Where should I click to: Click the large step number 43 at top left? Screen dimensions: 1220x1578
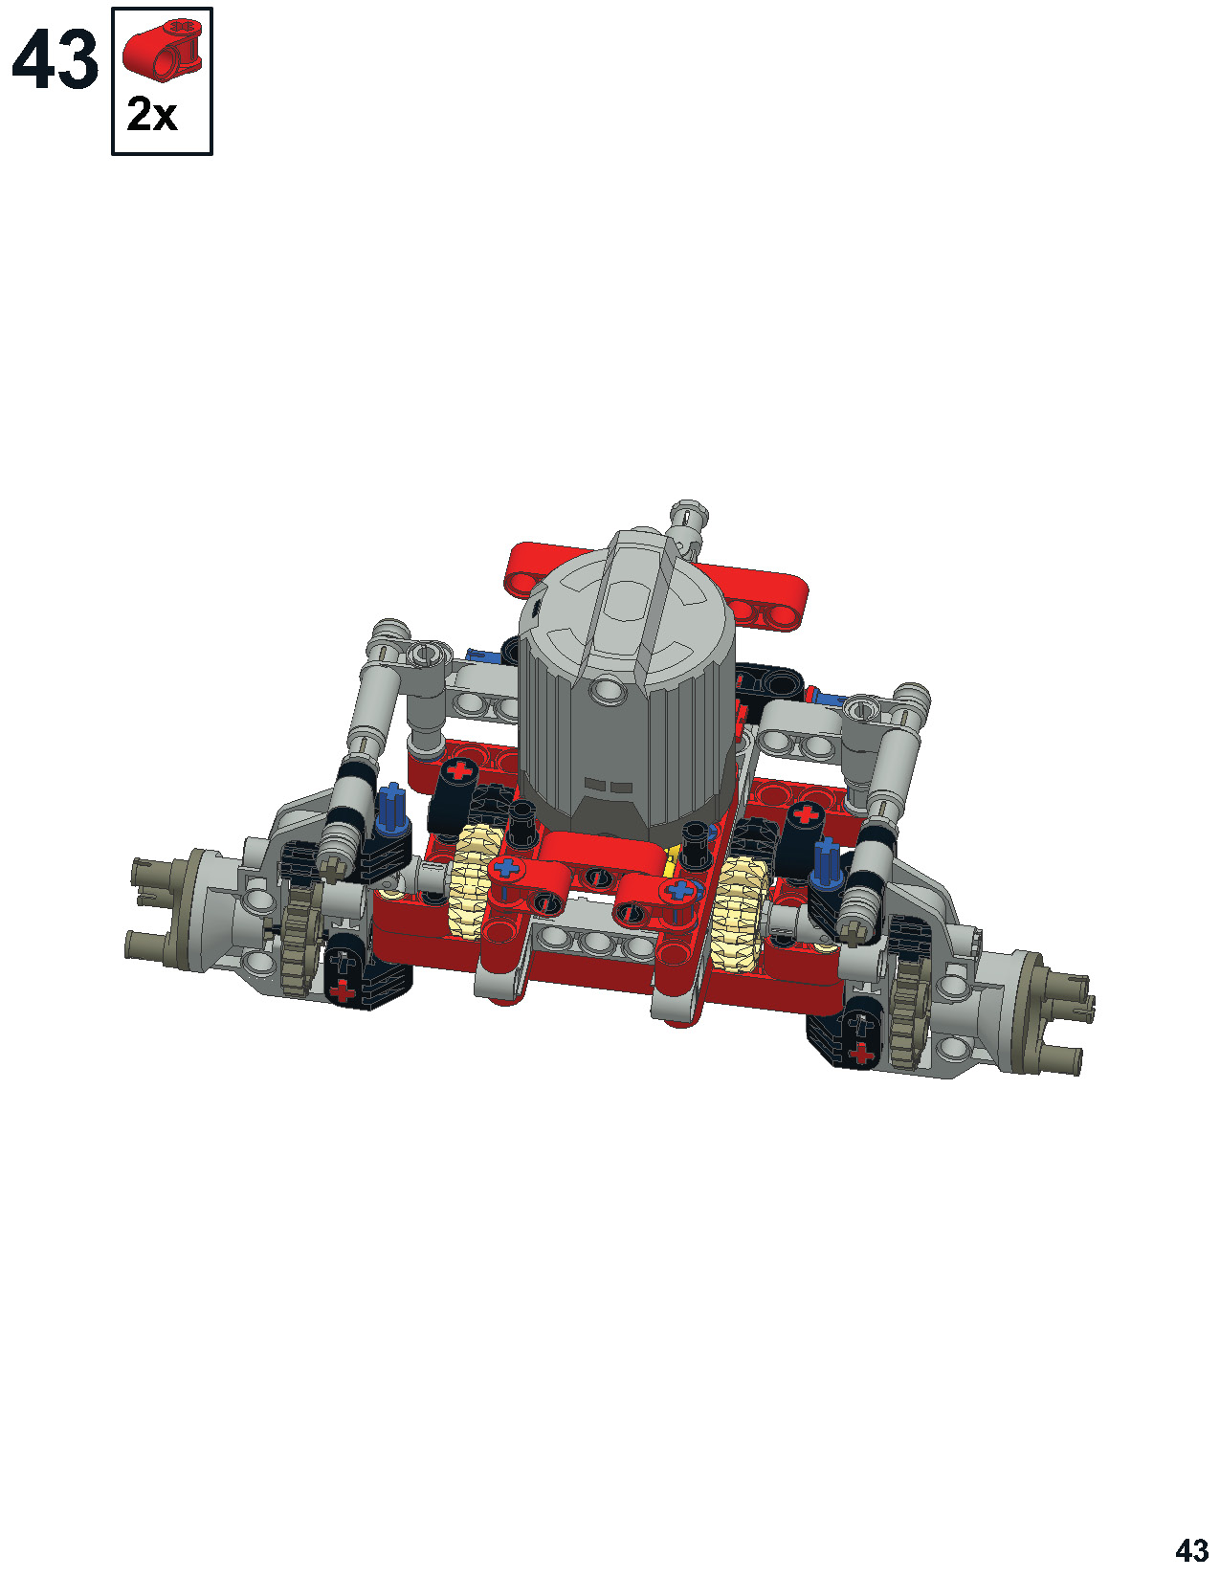point(55,59)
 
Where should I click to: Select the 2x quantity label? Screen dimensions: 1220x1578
point(152,115)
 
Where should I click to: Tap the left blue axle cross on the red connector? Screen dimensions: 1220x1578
point(507,866)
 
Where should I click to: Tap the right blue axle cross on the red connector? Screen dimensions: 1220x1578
point(680,889)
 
